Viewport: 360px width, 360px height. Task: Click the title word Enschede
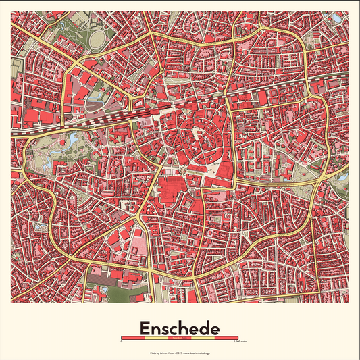[180, 328]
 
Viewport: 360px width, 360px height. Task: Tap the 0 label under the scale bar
[122, 342]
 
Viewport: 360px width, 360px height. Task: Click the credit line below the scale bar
[180, 353]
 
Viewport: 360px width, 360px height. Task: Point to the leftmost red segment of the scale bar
[128, 338]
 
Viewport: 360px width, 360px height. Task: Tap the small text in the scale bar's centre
[180, 338]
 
